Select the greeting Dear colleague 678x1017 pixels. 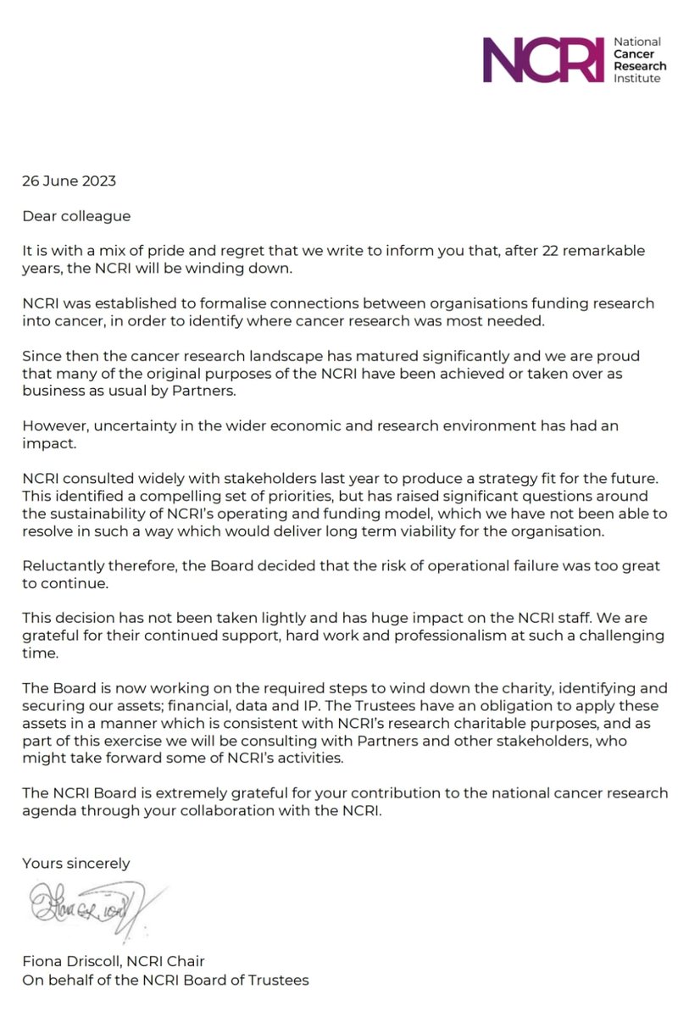[x=76, y=216]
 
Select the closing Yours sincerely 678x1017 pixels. [x=76, y=864]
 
